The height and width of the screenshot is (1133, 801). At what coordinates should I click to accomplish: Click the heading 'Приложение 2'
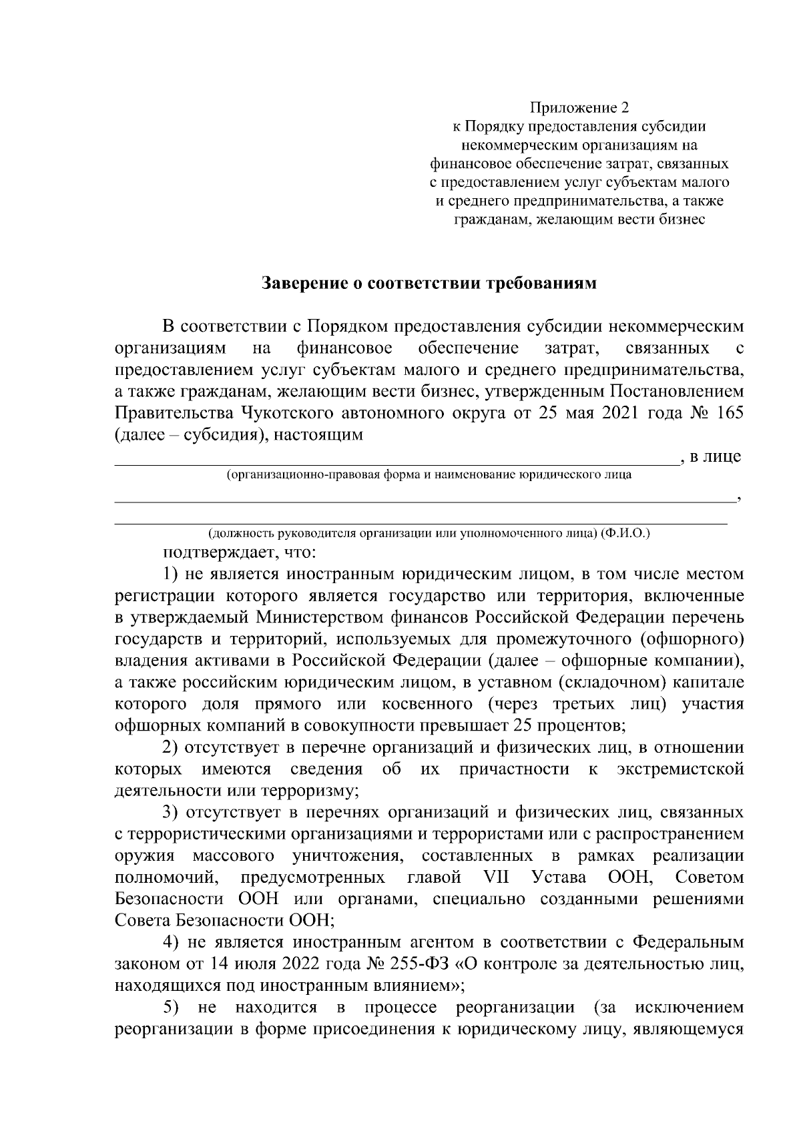(x=579, y=107)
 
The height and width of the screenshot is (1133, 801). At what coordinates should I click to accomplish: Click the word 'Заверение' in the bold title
(x=303, y=284)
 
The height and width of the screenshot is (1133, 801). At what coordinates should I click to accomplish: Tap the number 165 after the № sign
(x=729, y=413)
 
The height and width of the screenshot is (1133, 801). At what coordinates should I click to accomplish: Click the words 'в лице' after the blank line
(x=716, y=457)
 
